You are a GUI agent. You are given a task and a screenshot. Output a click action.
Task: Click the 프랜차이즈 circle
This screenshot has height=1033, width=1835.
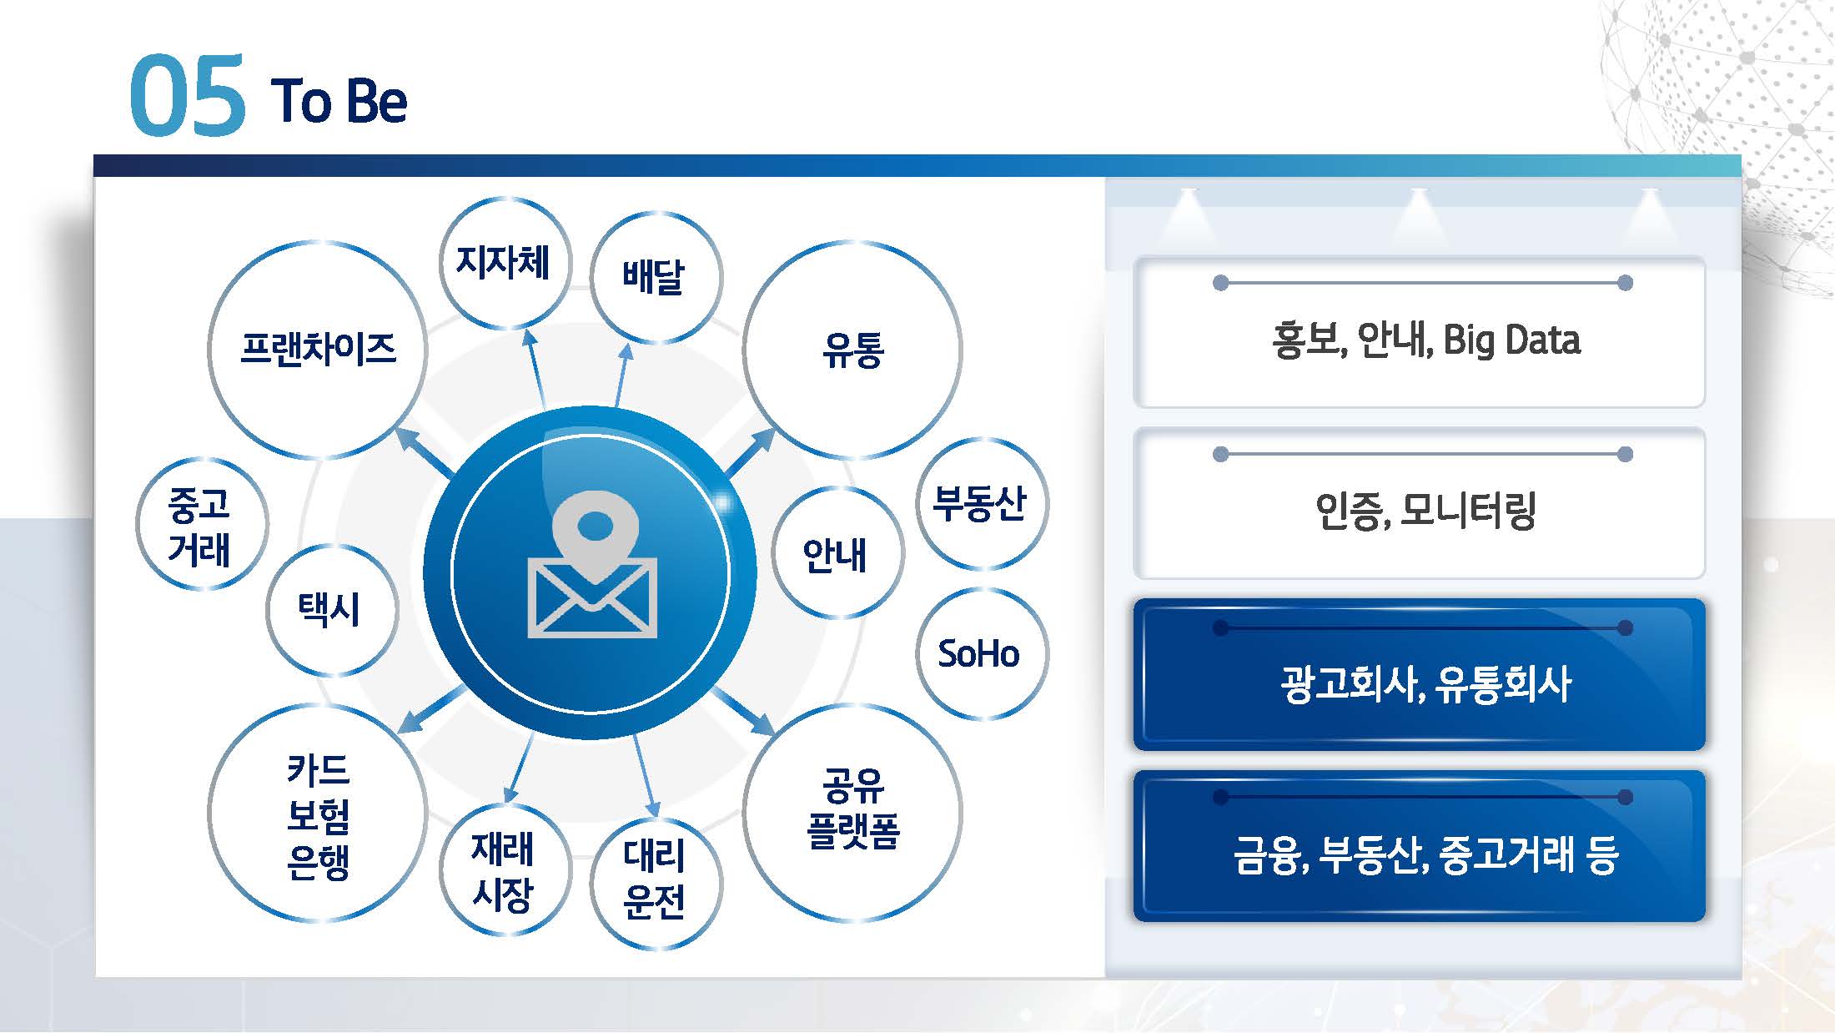pos(318,350)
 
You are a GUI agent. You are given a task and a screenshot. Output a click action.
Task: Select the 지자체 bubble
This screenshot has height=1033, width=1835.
pos(504,262)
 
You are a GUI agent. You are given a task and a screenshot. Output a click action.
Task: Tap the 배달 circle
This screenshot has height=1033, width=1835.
pos(655,277)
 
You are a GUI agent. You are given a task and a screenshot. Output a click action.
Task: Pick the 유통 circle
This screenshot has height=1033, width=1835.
pos(852,350)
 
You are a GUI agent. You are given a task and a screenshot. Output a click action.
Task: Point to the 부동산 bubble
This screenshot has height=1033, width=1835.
pos(981,503)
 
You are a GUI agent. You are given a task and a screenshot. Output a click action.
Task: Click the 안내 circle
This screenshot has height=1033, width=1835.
pos(837,553)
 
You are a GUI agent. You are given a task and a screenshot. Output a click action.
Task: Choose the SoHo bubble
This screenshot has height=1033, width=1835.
pos(981,653)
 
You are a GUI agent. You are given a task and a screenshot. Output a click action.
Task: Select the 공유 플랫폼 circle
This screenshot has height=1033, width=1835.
pos(852,811)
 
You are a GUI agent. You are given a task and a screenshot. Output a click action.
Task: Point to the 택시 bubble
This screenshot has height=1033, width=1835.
pos(331,609)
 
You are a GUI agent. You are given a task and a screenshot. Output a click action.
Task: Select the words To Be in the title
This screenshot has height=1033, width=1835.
pos(339,102)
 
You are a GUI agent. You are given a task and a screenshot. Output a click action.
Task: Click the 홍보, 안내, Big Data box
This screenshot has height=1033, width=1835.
pos(1420,333)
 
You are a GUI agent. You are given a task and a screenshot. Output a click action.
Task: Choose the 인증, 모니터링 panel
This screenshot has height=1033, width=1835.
pos(1420,504)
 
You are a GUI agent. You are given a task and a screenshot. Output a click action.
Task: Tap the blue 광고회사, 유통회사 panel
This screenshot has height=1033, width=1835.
pos(1420,675)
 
